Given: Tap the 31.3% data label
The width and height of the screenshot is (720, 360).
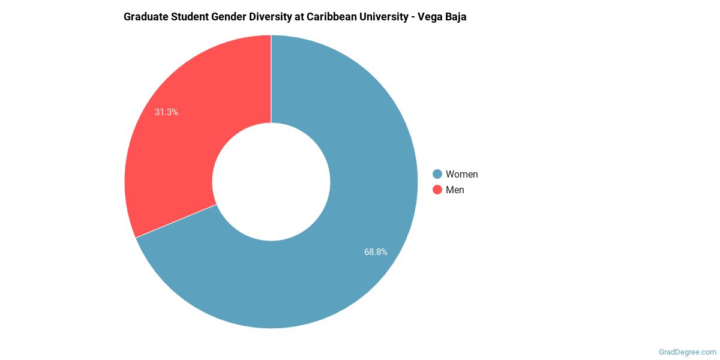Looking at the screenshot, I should [x=166, y=112].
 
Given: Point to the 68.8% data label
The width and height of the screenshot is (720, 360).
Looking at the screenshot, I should [x=376, y=252].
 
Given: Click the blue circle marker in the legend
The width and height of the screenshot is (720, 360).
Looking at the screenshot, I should [x=437, y=174].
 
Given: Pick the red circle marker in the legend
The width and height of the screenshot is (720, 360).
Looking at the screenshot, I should [x=437, y=190].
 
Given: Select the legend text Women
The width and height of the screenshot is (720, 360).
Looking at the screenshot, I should [x=461, y=174].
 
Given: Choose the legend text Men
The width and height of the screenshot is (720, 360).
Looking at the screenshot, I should [x=455, y=190].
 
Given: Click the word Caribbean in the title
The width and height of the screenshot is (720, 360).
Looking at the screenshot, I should [x=332, y=17].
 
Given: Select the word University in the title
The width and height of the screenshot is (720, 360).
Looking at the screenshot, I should [x=384, y=17].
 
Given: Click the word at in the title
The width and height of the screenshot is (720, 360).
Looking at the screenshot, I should [x=301, y=17].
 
